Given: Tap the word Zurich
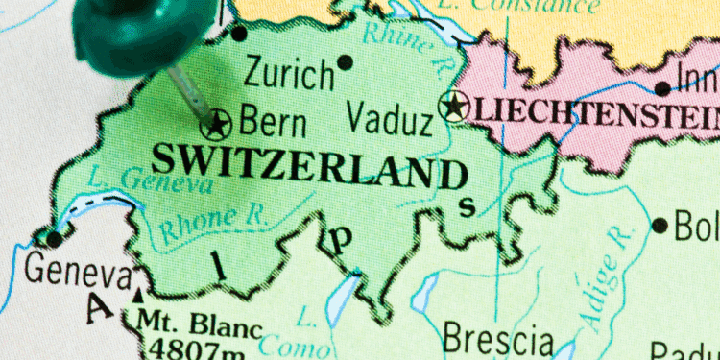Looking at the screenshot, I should pos(288,72).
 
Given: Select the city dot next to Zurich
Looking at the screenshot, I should pos(345,62).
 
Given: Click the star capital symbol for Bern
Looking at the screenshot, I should pos(219,123).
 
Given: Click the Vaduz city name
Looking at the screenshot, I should pos(389,121).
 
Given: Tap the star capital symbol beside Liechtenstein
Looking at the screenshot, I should pos(453,107).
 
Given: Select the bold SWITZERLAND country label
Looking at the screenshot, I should pos(310,166).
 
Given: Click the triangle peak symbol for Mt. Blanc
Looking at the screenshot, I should pos(140,294).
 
